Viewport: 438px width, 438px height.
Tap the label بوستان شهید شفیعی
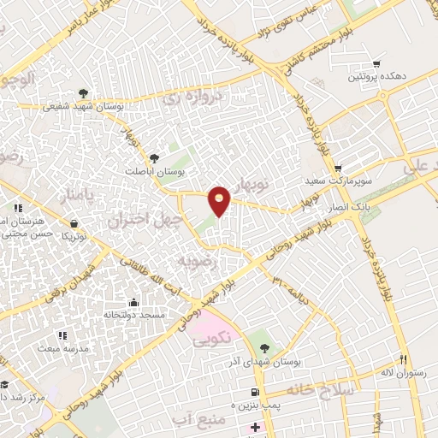(x=120, y=108)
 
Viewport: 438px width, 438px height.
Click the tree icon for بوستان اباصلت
(x=154, y=157)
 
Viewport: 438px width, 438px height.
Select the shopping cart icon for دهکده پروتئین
(x=376, y=64)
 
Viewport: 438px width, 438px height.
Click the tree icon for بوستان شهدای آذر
(x=263, y=347)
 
